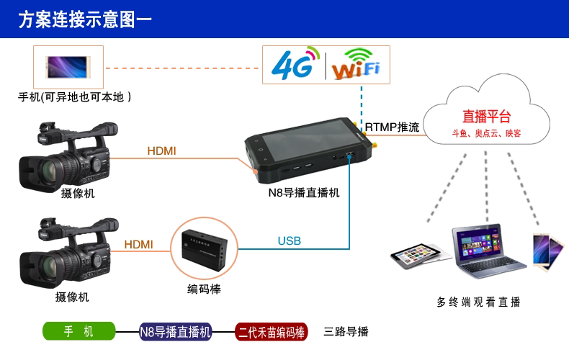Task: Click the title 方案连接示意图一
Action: (x=85, y=19)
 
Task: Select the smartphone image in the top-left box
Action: (x=68, y=66)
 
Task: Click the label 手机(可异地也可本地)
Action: (x=75, y=96)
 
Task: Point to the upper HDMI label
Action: (x=161, y=150)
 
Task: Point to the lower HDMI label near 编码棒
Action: (x=138, y=244)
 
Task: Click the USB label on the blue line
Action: (x=289, y=240)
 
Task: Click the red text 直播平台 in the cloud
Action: (x=486, y=117)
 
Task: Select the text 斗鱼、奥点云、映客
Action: (x=486, y=134)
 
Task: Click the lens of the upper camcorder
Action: (x=49, y=170)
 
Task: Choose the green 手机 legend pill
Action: (x=79, y=331)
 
